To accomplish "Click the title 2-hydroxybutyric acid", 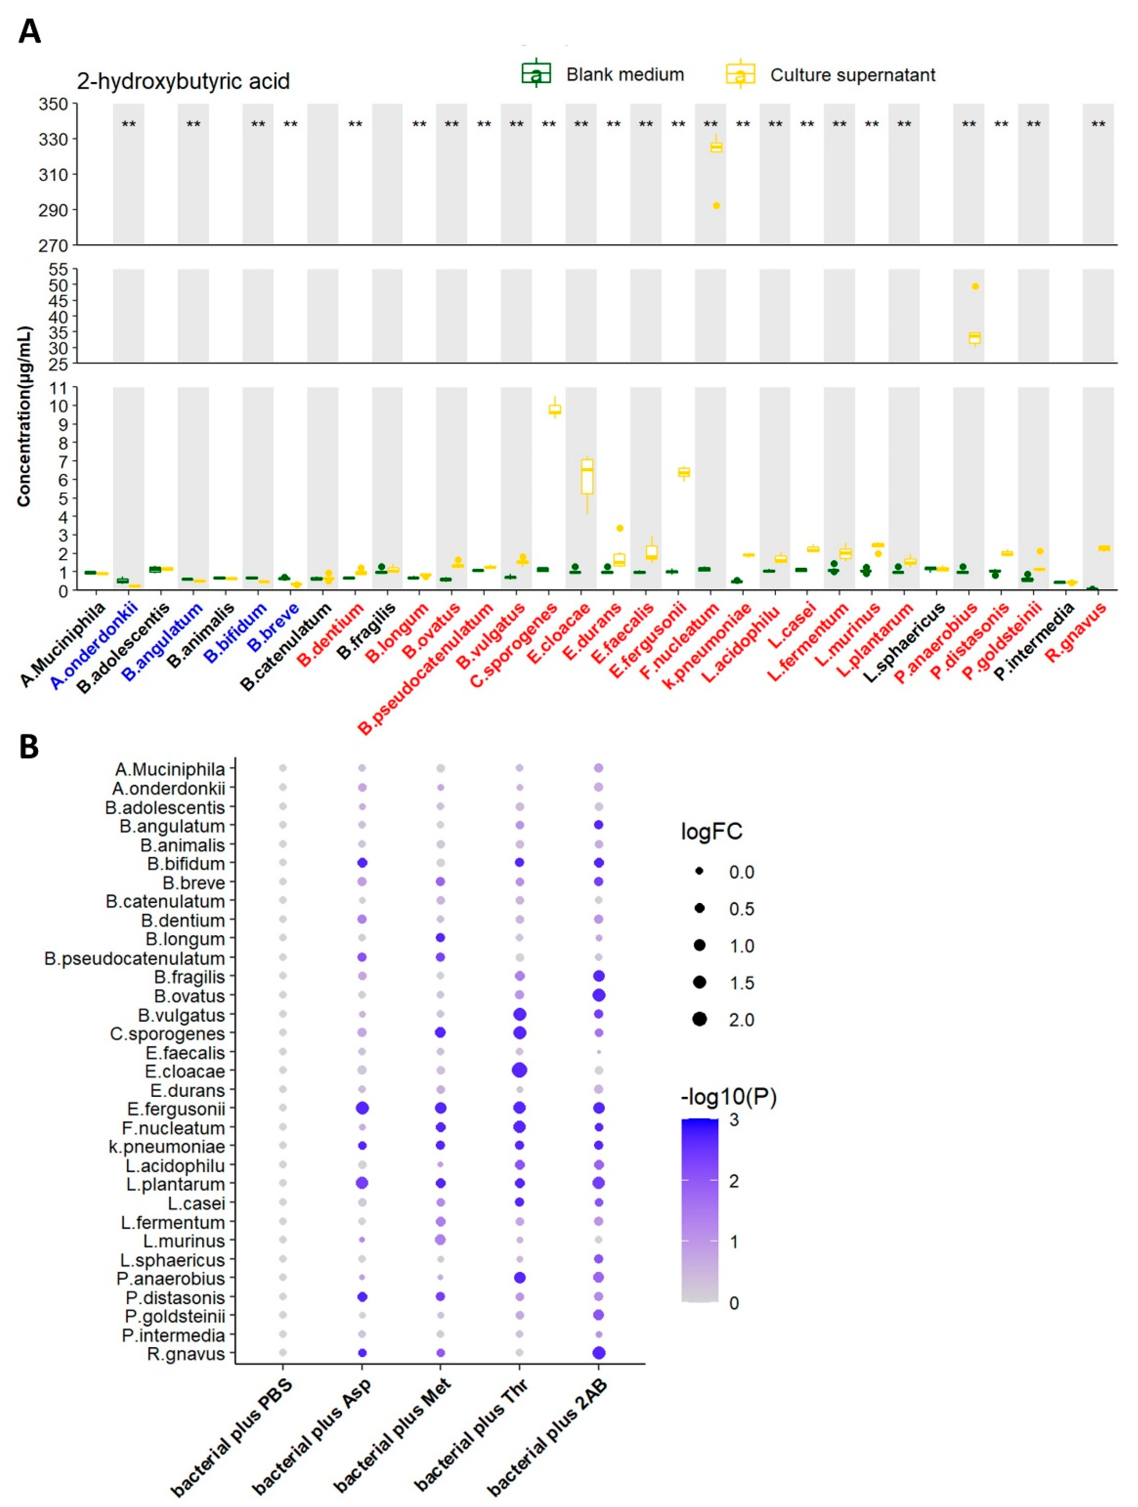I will tap(183, 81).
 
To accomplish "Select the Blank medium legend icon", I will tap(536, 73).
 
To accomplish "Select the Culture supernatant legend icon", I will tap(740, 73).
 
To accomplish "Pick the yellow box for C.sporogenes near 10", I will tap(555, 409).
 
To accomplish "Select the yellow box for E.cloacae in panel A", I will tap(587, 476).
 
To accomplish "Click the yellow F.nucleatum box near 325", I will tap(716, 147).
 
